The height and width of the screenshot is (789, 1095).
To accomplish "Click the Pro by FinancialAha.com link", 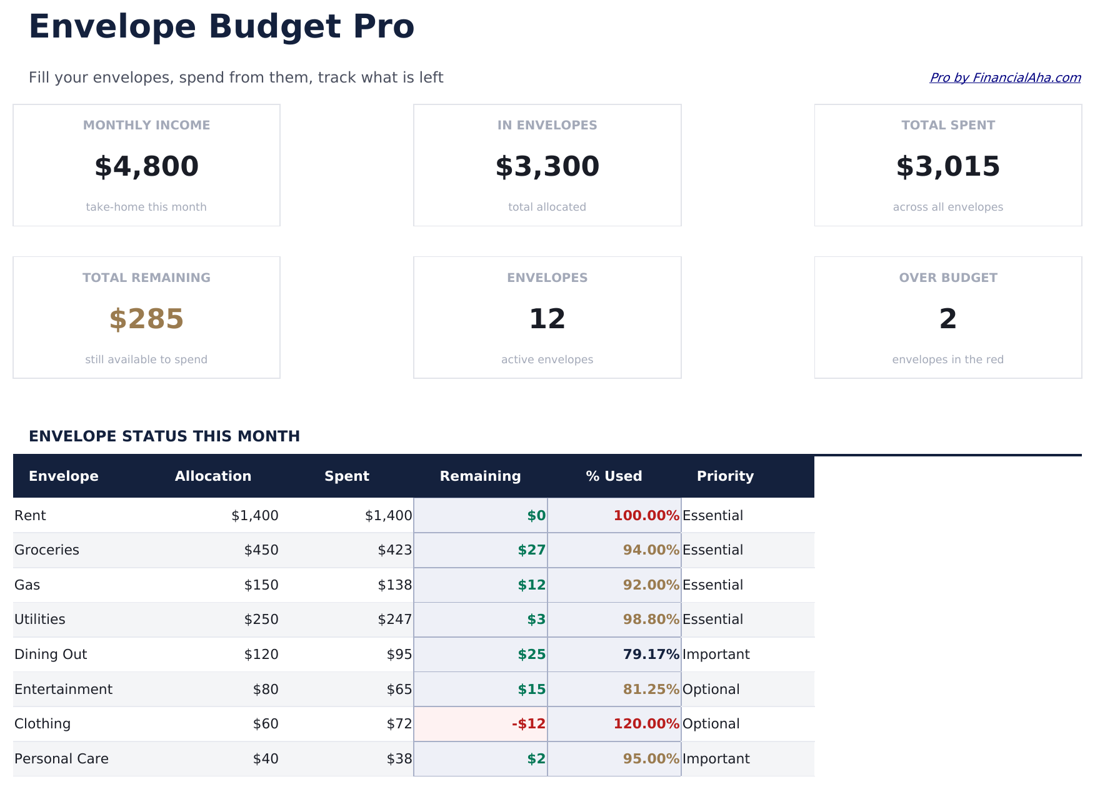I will [x=1004, y=78].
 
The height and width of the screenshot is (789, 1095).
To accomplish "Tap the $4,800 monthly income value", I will [x=146, y=167].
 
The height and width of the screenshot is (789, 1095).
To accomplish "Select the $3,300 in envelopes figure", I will [x=547, y=167].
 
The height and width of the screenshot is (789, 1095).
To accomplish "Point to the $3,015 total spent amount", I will [x=947, y=167].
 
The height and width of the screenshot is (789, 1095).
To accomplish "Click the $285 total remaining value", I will [x=146, y=319].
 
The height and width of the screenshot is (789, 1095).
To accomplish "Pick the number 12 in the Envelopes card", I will [x=547, y=319].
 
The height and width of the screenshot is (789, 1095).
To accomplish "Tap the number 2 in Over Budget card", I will [x=947, y=319].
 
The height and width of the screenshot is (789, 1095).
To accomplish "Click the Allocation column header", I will [x=213, y=476].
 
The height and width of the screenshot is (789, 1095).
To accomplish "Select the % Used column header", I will [x=614, y=476].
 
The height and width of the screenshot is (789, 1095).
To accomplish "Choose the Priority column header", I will [x=725, y=476].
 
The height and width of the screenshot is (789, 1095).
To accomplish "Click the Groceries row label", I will [x=47, y=550].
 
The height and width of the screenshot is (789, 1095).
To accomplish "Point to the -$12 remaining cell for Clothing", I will [x=529, y=724].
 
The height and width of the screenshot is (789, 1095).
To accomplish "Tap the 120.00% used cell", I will [x=646, y=724].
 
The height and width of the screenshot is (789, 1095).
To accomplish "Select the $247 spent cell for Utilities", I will [x=394, y=620].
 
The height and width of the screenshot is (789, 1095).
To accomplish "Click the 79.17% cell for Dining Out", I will [x=651, y=655].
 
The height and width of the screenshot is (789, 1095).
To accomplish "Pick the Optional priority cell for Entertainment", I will [x=711, y=690].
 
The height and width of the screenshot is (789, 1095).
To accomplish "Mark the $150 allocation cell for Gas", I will [x=261, y=585].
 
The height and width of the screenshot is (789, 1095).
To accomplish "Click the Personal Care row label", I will [x=61, y=759].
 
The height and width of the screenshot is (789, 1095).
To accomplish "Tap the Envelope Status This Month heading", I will [x=164, y=436].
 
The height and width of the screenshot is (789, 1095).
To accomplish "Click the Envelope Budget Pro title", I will [x=221, y=28].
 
